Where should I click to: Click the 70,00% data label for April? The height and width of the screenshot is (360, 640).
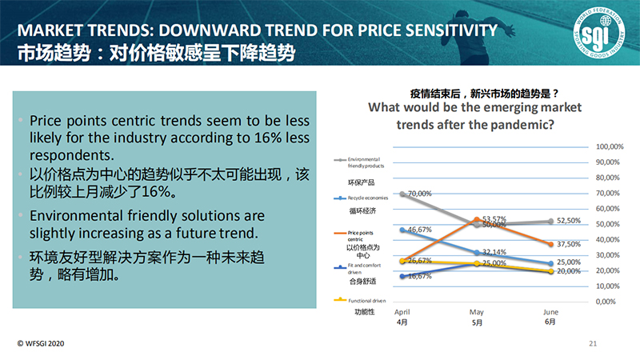click(x=419, y=194)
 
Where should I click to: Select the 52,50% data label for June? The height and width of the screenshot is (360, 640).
click(x=568, y=221)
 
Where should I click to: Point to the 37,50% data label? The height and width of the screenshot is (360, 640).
click(x=568, y=245)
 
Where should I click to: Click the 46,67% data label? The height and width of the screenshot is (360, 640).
click(x=420, y=230)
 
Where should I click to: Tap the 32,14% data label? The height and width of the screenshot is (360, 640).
click(x=494, y=251)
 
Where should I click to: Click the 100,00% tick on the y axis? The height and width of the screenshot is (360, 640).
click(x=610, y=147)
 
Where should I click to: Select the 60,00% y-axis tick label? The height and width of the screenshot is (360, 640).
click(x=608, y=209)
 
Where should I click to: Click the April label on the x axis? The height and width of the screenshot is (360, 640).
click(x=402, y=312)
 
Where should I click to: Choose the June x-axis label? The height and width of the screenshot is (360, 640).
click(x=550, y=312)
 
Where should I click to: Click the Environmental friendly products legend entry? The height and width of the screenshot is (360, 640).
click(x=368, y=163)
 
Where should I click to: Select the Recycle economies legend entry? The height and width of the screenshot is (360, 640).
click(x=369, y=197)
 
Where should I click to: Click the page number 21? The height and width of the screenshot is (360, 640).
click(x=593, y=343)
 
